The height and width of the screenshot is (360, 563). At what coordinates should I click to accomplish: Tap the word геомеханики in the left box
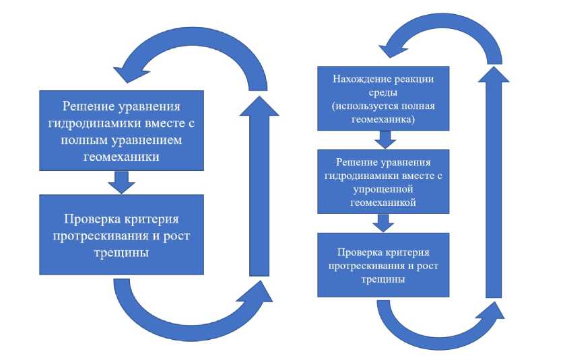click(x=121, y=156)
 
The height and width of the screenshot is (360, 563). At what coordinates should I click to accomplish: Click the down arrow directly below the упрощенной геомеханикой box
click(x=384, y=222)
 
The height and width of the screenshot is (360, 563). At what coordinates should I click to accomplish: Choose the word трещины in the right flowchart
click(x=383, y=279)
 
